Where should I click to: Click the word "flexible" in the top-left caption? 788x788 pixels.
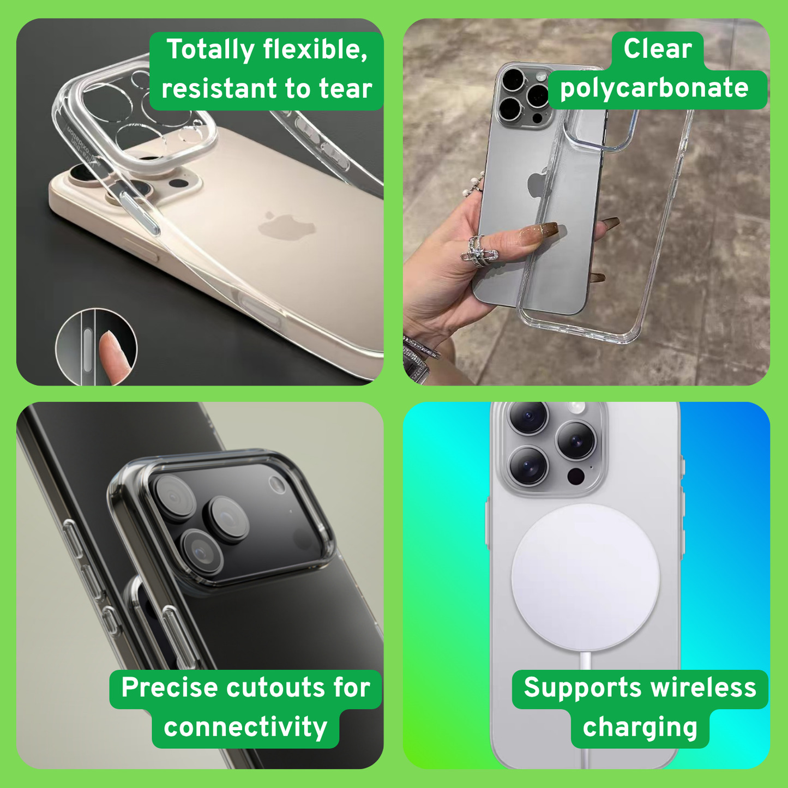[315, 49]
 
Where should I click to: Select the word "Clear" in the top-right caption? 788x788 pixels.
[658, 49]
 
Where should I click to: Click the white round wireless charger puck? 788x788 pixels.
[585, 578]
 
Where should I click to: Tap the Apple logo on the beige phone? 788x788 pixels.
[287, 224]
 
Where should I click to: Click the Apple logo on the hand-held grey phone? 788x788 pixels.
[537, 183]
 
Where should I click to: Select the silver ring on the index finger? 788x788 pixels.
[478, 251]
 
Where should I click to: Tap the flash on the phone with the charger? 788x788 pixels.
[577, 406]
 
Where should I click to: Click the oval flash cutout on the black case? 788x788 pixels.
[277, 484]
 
